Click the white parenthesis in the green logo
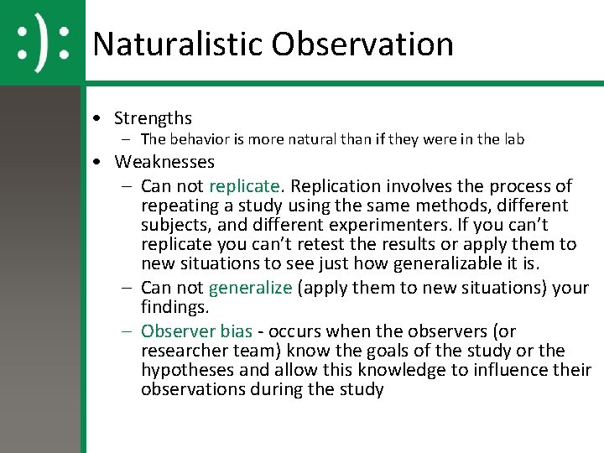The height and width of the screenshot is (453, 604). click(42, 42)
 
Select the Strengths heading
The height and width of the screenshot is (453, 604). click(153, 118)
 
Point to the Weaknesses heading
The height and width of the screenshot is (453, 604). click(164, 161)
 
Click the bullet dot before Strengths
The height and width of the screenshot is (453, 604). click(99, 119)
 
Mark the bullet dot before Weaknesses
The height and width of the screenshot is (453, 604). click(99, 162)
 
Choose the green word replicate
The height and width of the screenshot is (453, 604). click(244, 185)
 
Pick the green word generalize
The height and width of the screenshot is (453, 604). click(250, 288)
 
